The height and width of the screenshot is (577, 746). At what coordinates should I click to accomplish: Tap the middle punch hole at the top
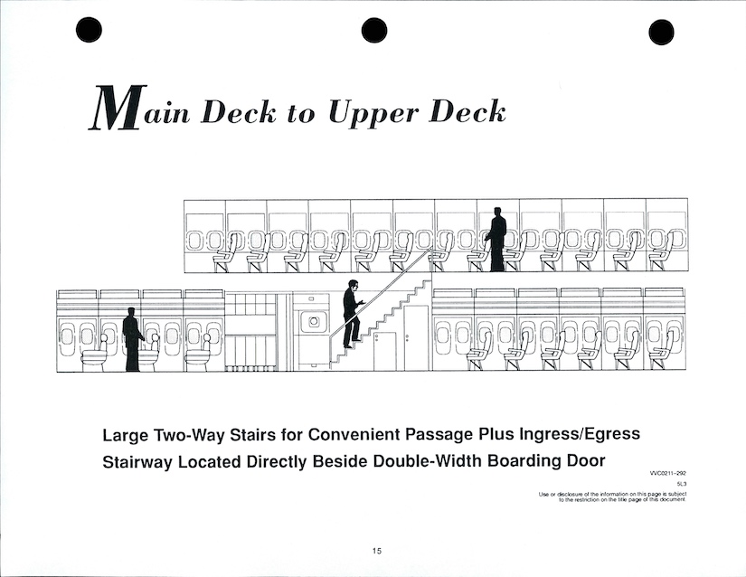click(374, 31)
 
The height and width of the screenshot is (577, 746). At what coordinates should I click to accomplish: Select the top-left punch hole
click(89, 30)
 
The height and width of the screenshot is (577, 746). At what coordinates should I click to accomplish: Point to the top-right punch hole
click(661, 32)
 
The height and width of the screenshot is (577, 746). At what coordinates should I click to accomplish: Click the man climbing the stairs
click(351, 314)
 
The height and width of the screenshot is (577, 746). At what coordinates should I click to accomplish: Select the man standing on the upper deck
click(496, 240)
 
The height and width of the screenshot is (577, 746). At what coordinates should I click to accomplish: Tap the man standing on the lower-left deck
click(132, 339)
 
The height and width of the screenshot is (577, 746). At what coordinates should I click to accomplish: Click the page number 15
click(377, 551)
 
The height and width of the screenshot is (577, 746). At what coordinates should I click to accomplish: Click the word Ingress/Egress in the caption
click(579, 435)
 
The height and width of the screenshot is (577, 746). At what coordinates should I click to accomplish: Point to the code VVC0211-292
click(668, 473)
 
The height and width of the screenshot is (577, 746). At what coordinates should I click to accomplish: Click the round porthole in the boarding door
click(314, 322)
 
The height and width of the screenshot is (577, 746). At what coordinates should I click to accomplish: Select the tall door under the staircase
click(416, 337)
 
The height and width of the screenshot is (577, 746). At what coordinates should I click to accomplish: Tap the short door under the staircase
click(385, 352)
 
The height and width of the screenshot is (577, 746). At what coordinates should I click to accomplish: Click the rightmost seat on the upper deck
click(662, 252)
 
